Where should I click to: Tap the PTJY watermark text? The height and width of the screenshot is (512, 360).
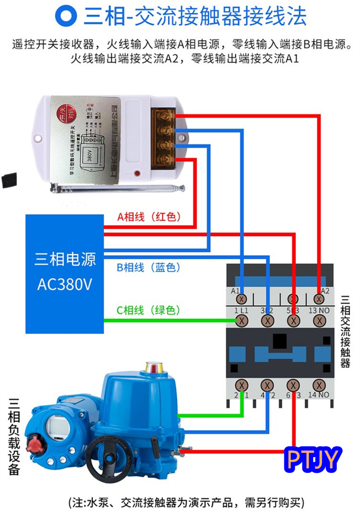click(x=313, y=459)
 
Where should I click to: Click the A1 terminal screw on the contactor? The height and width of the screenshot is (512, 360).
click(x=242, y=299)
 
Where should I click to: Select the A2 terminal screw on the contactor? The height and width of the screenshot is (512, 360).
click(x=319, y=299)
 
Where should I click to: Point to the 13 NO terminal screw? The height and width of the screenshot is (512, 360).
click(x=319, y=320)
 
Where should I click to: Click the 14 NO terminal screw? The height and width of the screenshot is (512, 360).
click(x=319, y=385)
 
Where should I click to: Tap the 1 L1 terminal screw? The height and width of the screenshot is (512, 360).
click(x=242, y=320)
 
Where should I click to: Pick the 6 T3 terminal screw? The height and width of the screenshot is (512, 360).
click(x=294, y=385)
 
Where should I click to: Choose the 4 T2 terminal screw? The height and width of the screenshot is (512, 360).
click(x=268, y=385)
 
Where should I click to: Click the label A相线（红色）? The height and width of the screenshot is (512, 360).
click(x=149, y=217)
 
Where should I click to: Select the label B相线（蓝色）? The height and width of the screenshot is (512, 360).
click(x=149, y=267)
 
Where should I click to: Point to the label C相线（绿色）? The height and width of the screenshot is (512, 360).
click(x=149, y=310)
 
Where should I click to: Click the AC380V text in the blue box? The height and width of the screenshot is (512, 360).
click(x=65, y=285)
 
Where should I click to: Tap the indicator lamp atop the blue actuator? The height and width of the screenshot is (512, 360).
click(x=153, y=366)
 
